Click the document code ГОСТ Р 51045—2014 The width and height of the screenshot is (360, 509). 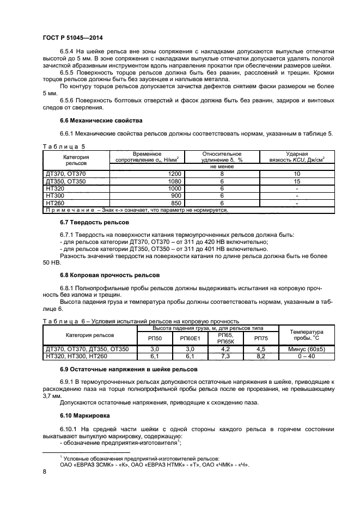click(72, 38)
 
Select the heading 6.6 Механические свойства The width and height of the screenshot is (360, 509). click(93, 120)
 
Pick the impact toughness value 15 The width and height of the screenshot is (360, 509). click(297, 180)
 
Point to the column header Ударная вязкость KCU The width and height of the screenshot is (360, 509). click(297, 157)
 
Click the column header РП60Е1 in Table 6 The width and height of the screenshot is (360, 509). click(190, 338)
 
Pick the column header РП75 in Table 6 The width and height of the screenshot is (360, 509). click(261, 338)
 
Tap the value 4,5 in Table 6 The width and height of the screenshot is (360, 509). click(261, 348)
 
